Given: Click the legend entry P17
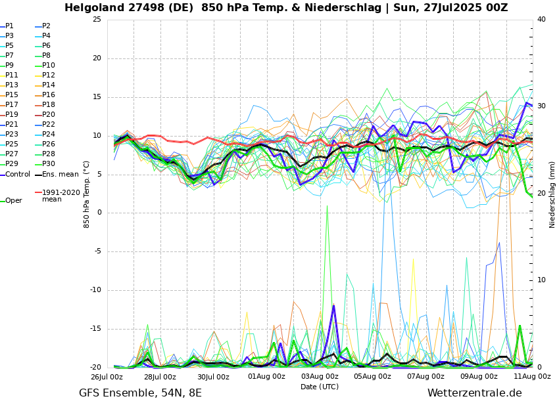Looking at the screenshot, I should tap(12, 105).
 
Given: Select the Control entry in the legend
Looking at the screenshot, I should tap(18, 175).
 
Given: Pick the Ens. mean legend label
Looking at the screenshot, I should tap(60, 175).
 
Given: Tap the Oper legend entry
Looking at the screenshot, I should tap(14, 201).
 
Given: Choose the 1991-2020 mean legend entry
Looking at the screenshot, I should tap(61, 196).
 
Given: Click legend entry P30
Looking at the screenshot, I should tap(49, 164).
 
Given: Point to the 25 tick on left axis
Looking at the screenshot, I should tap(97, 19).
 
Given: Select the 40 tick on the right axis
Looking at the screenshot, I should tap(541, 19).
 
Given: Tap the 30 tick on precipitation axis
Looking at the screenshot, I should tap(541, 106).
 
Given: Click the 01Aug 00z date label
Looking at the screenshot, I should tap(266, 377).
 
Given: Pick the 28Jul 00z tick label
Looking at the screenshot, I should tap(160, 377).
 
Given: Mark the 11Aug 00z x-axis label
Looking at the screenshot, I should tap(532, 377).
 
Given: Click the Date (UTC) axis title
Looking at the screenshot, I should tap(320, 387).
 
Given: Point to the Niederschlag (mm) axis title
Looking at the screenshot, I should tap(552, 194).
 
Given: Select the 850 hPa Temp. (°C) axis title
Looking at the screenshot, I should tap(87, 194).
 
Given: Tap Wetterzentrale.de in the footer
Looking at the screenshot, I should tap(474, 393).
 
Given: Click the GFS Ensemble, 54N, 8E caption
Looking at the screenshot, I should tap(140, 393).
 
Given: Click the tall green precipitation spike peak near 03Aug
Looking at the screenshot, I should tap(327, 206).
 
